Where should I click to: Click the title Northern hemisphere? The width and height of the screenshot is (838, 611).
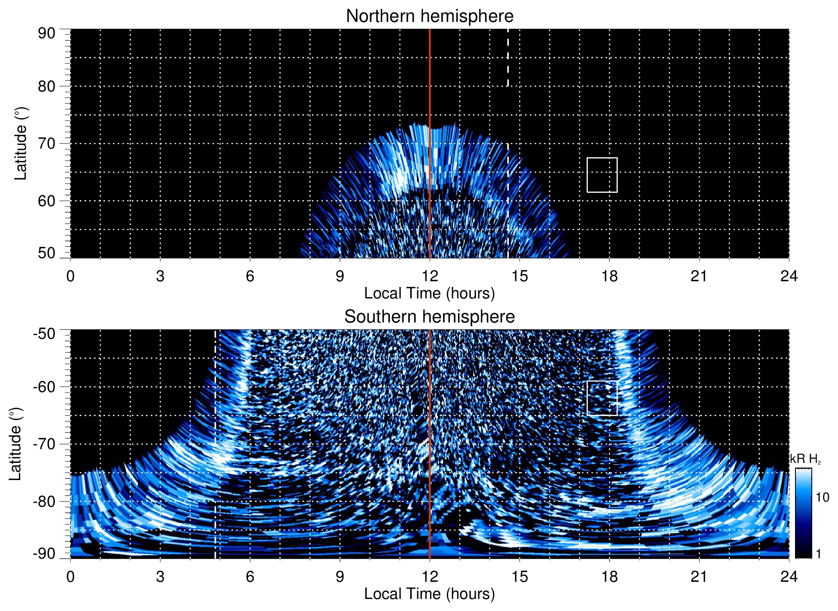(x=429, y=16)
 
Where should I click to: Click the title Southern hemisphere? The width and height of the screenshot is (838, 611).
(x=429, y=317)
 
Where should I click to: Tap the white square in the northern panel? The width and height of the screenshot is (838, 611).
(x=602, y=175)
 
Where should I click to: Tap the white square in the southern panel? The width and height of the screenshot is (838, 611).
(x=602, y=398)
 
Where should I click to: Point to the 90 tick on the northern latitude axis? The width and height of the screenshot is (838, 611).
(x=47, y=33)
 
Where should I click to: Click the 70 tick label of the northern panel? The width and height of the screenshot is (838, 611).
(x=47, y=143)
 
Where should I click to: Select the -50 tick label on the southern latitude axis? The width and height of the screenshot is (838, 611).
(x=44, y=334)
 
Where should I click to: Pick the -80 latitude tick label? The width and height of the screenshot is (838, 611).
(x=44, y=501)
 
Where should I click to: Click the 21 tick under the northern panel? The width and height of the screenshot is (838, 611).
(x=699, y=276)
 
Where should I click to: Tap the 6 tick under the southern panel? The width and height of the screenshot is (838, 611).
(x=250, y=577)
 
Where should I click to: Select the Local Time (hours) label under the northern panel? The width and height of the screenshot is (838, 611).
(x=429, y=293)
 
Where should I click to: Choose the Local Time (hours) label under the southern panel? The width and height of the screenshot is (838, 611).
(x=429, y=594)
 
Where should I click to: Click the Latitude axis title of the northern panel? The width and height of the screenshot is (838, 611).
(x=21, y=143)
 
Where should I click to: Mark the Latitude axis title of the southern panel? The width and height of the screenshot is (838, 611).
(x=15, y=444)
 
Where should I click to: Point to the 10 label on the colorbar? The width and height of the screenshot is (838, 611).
(x=822, y=498)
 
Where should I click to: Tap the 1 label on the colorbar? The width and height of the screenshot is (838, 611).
(x=818, y=554)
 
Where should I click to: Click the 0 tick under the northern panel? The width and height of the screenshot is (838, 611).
(x=70, y=276)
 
